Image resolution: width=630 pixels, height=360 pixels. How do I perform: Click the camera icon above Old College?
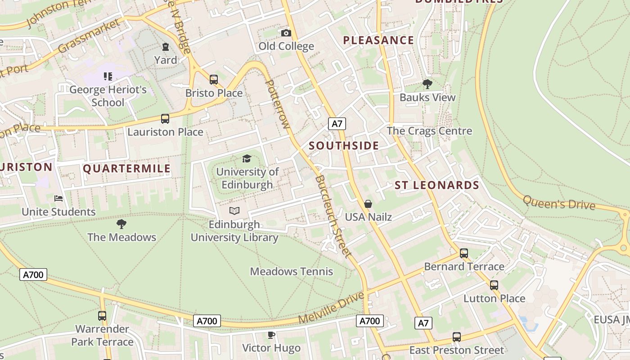click(x=286, y=33)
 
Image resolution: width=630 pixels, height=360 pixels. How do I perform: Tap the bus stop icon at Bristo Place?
click(x=214, y=80)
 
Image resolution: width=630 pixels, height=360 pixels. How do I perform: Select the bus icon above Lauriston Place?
click(x=165, y=119)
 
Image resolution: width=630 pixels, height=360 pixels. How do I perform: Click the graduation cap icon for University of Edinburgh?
click(x=247, y=158)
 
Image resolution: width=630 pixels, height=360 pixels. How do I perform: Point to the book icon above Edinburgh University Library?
click(x=234, y=211)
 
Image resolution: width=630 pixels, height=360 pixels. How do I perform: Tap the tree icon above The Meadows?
click(x=121, y=224)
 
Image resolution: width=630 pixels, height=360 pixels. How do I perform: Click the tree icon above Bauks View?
click(x=427, y=84)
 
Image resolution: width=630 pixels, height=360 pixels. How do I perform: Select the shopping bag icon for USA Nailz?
click(x=368, y=204)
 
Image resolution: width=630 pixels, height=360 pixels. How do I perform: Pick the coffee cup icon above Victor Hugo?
click(x=271, y=335)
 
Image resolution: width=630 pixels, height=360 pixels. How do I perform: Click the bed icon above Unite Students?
click(x=58, y=198)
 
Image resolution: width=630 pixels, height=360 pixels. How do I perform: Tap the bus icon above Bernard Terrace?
click(x=464, y=253)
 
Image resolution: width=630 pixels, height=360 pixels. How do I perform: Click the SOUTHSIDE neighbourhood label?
click(x=344, y=146)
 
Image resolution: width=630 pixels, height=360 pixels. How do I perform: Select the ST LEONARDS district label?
click(x=436, y=185)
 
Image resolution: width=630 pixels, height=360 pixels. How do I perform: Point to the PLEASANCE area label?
click(x=378, y=40)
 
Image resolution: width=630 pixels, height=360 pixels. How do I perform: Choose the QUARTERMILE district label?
click(x=127, y=169)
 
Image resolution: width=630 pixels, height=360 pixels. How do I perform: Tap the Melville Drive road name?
click(x=331, y=308)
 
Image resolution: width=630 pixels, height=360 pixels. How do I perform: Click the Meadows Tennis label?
click(x=292, y=271)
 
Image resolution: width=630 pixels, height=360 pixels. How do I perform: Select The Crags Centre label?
click(x=429, y=131)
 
